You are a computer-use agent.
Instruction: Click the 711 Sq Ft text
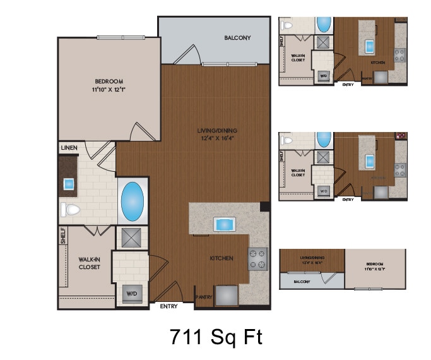click(x=216, y=337)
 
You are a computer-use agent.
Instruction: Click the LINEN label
click(x=69, y=148)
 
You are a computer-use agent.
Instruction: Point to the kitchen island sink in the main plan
click(x=225, y=224)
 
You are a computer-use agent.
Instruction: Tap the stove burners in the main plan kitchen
click(x=257, y=258)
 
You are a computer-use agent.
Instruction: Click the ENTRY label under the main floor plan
click(x=168, y=306)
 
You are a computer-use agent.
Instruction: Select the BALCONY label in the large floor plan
click(x=237, y=38)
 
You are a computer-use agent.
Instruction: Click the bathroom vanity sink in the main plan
click(x=68, y=184)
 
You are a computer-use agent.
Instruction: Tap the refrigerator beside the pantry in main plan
click(x=227, y=296)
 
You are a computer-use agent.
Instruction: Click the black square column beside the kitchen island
click(x=264, y=207)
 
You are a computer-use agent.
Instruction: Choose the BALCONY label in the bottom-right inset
click(x=302, y=281)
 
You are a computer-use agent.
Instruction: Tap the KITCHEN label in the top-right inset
click(x=377, y=63)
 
